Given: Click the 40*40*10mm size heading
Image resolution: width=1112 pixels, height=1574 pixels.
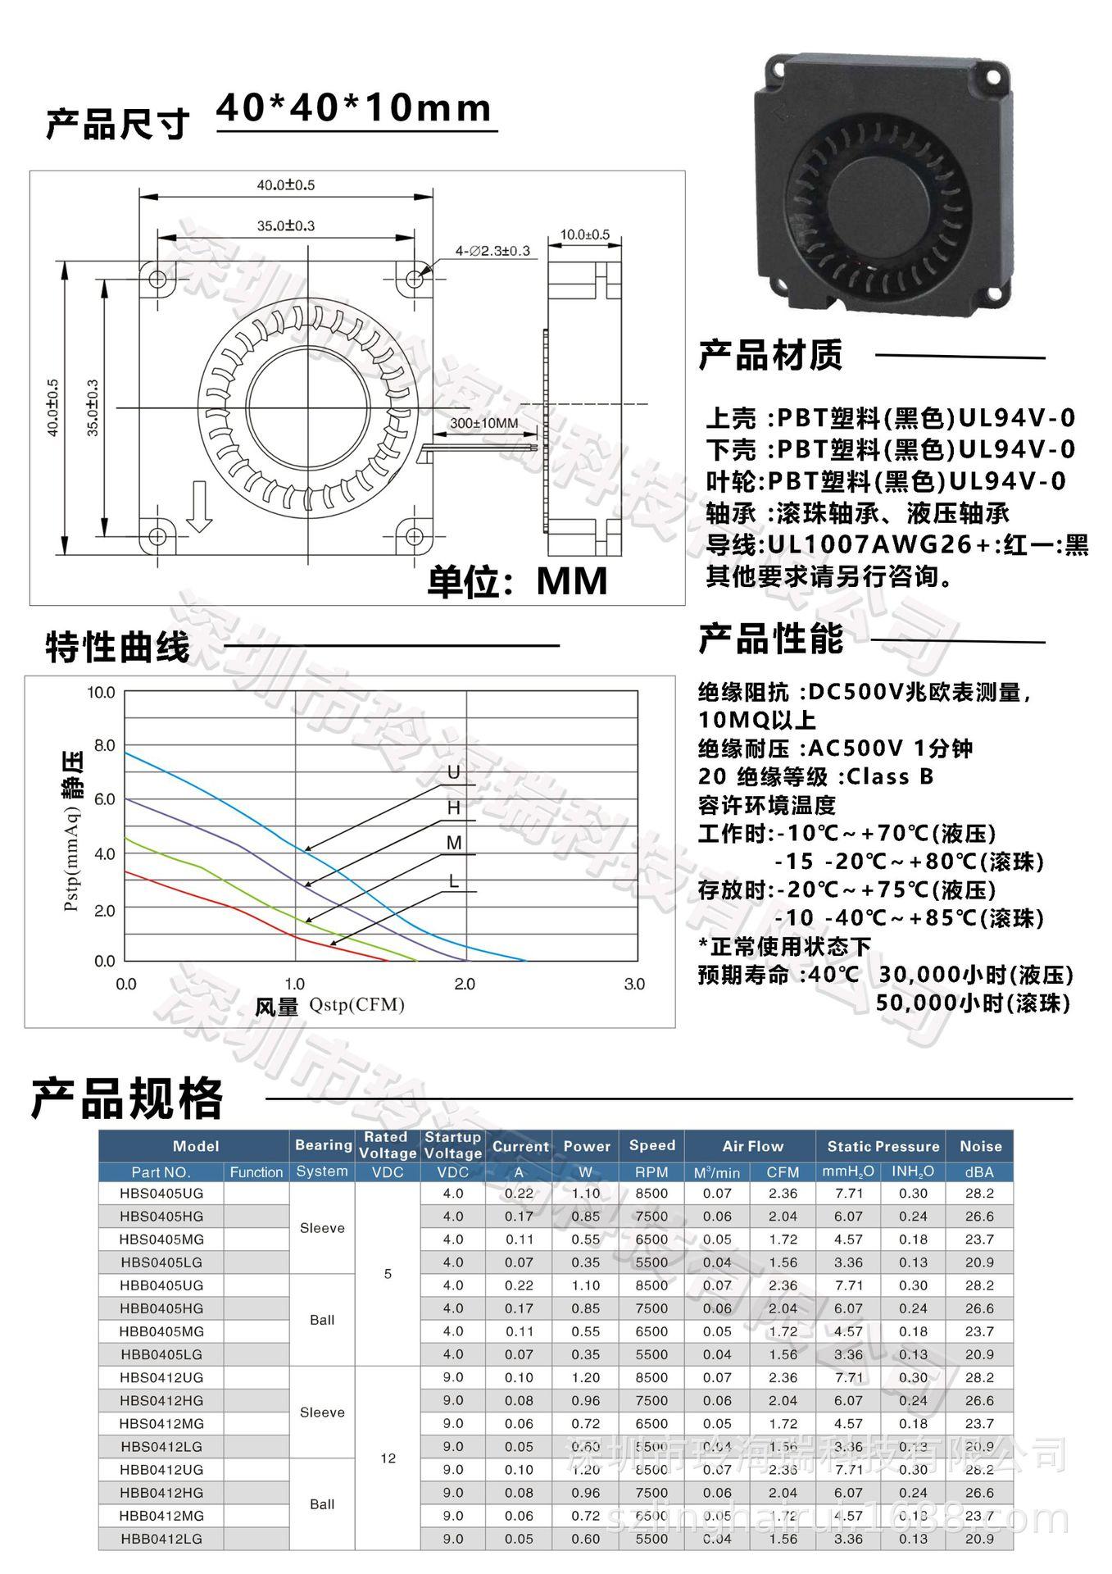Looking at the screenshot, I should (354, 109).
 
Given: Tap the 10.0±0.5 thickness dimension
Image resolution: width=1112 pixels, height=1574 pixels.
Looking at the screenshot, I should (584, 234).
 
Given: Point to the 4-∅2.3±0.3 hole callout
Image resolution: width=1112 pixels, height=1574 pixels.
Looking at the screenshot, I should (492, 250).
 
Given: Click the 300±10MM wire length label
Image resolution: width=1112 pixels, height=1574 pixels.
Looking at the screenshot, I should (483, 423).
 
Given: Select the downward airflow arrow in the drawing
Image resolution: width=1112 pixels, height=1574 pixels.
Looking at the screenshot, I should (199, 507).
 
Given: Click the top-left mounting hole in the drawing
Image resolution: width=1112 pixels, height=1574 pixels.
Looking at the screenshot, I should (157, 280).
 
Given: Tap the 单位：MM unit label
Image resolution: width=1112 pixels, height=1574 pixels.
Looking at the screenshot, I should (517, 580).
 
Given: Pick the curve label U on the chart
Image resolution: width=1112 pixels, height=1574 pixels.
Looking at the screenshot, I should (453, 773).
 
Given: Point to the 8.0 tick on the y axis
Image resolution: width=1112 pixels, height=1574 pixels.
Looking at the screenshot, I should (105, 746).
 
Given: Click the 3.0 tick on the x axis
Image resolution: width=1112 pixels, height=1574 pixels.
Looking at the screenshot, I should (634, 984).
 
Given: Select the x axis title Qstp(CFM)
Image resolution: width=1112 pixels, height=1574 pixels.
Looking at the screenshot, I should (356, 1005).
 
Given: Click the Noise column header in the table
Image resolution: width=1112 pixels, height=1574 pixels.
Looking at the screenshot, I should (980, 1146).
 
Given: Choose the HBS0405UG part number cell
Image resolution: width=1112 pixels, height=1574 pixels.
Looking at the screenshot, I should (161, 1193).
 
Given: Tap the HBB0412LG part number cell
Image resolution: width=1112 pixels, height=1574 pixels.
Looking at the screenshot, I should (161, 1539).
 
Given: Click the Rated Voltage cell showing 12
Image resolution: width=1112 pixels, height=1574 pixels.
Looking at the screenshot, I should (388, 1458).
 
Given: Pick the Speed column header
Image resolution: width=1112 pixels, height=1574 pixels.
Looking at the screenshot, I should (651, 1145).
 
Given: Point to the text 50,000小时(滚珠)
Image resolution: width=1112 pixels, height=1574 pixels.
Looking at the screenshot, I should (973, 1002).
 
